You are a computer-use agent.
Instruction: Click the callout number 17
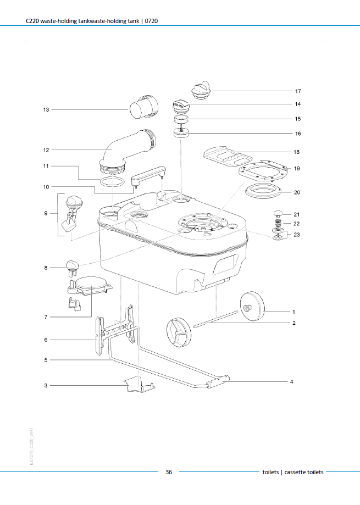click(x=298, y=91)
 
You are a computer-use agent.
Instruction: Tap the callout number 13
click(x=46, y=109)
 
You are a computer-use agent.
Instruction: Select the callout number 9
click(x=46, y=213)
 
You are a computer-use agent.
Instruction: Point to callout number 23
click(x=297, y=235)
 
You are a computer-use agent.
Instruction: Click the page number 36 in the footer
click(x=169, y=472)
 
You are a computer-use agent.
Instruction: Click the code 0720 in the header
click(x=151, y=21)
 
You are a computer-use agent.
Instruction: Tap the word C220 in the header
click(x=32, y=21)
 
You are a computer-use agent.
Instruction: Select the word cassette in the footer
click(x=294, y=472)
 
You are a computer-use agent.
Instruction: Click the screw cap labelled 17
click(x=201, y=90)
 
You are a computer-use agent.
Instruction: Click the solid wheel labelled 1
click(x=252, y=306)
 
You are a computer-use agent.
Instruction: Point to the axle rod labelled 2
click(x=216, y=320)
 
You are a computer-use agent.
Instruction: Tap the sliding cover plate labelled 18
click(x=228, y=157)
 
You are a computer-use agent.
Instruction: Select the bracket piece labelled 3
click(x=140, y=385)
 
